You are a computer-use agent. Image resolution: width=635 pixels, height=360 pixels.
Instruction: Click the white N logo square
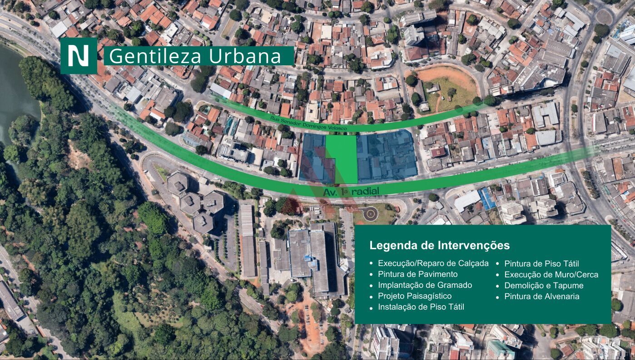[79, 56]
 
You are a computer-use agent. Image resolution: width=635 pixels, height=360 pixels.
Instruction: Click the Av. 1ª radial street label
[351, 192]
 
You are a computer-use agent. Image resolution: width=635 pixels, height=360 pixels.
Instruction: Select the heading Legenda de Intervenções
[439, 246]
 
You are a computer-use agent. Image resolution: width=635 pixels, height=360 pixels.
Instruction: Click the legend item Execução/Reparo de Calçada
[433, 263]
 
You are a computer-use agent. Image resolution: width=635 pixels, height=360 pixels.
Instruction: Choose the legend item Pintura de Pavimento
[417, 274]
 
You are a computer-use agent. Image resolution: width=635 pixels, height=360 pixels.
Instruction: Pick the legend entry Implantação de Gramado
[425, 285]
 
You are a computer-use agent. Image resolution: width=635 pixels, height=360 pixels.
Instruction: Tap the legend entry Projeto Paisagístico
[415, 296]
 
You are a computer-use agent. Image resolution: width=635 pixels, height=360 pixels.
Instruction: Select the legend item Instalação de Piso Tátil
[421, 307]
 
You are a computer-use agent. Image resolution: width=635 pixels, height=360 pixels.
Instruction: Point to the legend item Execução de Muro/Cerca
[551, 275]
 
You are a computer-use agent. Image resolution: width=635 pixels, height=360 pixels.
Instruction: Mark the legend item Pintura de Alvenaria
[541, 296]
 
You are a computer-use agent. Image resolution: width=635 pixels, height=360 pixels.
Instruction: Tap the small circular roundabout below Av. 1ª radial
[370, 212]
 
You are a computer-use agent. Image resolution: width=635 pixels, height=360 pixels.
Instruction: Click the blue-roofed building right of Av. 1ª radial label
[486, 199]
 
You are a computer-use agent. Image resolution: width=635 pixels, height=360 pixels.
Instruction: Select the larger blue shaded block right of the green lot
[386, 154]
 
